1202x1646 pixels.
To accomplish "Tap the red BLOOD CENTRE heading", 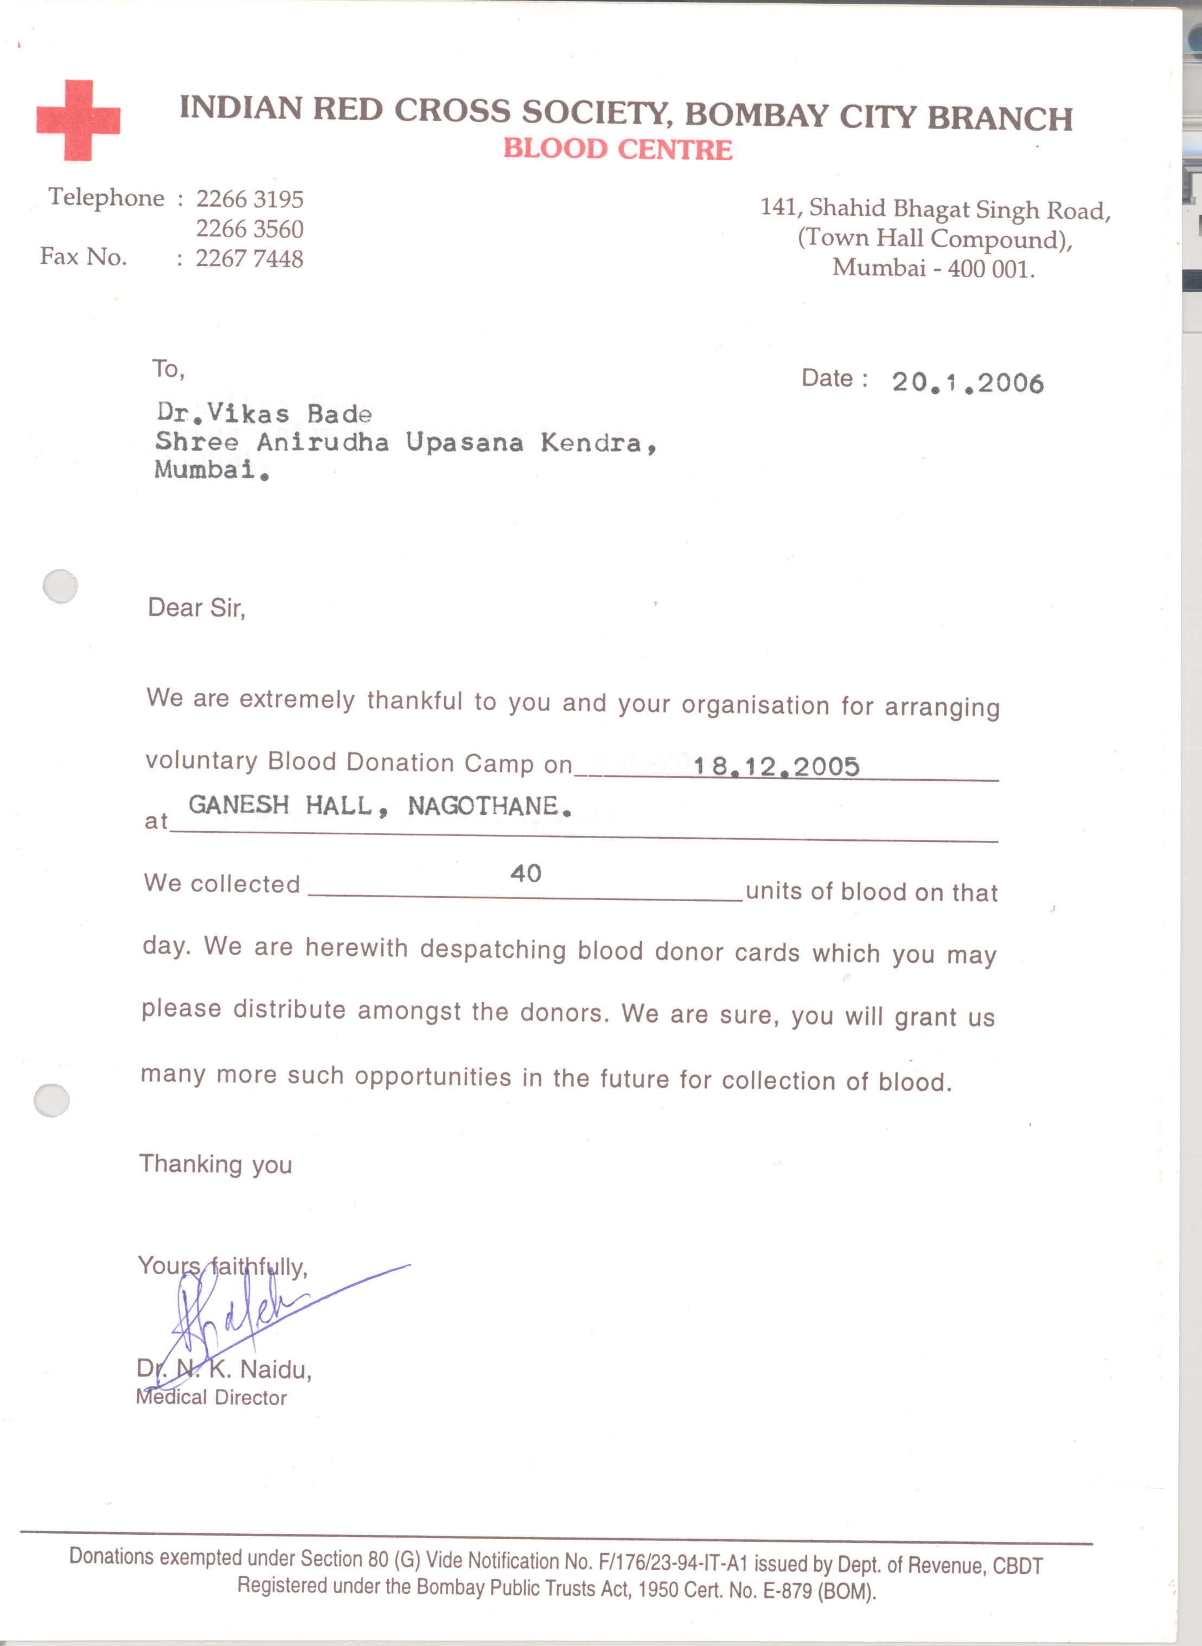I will coord(618,149).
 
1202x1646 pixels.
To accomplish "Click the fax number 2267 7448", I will coord(249,259).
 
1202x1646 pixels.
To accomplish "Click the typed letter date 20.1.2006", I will coord(968,383).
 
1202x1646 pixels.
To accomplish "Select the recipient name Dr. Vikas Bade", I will coord(264,414).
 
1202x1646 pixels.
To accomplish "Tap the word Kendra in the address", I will coord(591,443).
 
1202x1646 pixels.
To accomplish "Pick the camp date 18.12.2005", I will coord(776,767).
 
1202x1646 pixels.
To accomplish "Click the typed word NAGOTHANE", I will coord(483,806).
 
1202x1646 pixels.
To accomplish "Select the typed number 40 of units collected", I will coord(525,873).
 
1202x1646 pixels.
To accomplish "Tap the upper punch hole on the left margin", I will coord(60,586).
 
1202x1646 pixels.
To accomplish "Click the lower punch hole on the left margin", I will coord(52,1101).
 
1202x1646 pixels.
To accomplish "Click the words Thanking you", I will coord(215,1165).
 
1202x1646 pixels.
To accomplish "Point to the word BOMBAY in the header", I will coord(756,115).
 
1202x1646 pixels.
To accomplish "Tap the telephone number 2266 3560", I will coord(250,229).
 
